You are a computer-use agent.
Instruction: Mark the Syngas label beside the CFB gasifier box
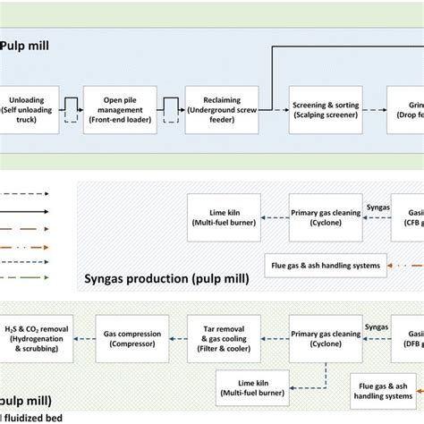[377, 208]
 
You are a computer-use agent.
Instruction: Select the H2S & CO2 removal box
[30, 332]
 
